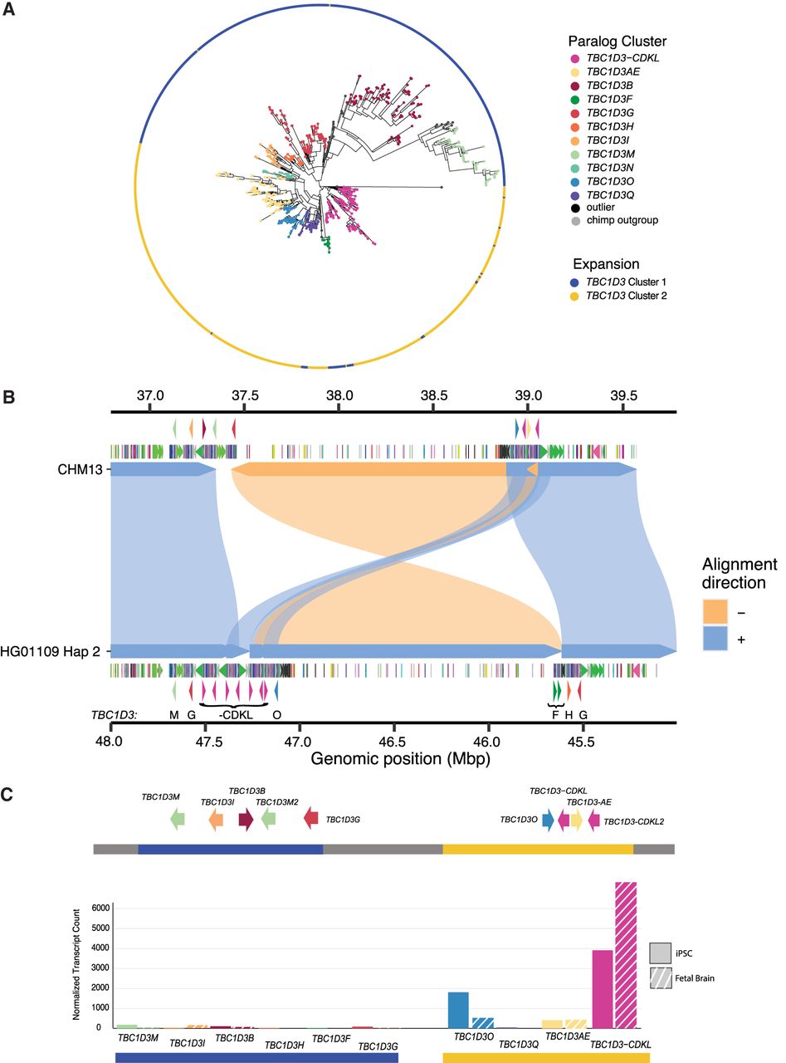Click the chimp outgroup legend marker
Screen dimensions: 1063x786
click(x=574, y=220)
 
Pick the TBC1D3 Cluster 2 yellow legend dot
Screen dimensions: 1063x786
click(x=574, y=296)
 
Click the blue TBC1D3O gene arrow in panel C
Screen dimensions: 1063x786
click(x=547, y=820)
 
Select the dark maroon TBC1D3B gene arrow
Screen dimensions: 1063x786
click(x=246, y=820)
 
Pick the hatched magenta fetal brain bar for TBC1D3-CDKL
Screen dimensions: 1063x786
click(x=626, y=955)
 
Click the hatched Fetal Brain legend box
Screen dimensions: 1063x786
click(x=661, y=978)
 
